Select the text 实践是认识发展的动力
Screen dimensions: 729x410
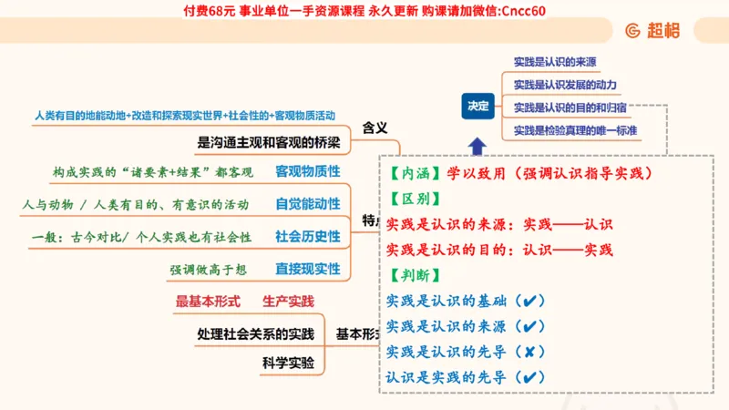(565, 85)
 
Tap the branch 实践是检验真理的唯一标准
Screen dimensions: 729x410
(574, 130)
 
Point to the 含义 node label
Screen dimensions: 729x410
(375, 128)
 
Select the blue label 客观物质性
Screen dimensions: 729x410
(308, 171)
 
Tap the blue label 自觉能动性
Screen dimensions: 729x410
(308, 204)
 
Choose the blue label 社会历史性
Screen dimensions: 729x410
(308, 237)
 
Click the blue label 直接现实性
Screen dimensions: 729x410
(308, 269)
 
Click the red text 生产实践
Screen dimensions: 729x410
(288, 301)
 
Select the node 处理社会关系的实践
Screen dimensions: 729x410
(255, 333)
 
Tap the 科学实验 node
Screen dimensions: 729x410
(288, 364)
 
